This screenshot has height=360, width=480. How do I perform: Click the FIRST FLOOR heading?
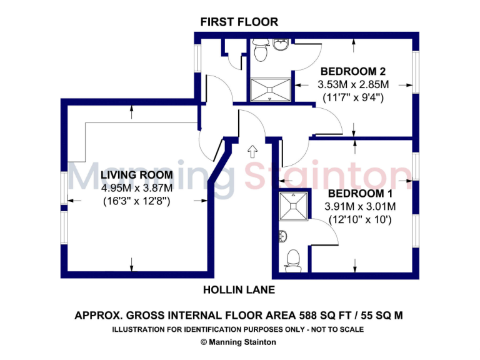(239, 22)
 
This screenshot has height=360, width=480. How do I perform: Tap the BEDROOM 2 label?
(348, 71)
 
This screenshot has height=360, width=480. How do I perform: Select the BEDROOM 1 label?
(360, 193)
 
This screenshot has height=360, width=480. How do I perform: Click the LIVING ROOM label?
(136, 175)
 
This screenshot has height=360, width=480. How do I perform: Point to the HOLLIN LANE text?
(239, 290)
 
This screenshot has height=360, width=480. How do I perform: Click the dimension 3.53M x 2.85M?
(353, 84)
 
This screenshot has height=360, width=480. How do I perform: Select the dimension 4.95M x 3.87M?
(136, 188)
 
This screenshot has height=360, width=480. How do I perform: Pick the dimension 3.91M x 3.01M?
(360, 206)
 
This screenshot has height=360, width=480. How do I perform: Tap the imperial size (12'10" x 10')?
(360, 219)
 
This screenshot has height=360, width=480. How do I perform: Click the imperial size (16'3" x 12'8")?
(136, 201)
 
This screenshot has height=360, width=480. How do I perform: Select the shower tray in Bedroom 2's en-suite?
(271, 89)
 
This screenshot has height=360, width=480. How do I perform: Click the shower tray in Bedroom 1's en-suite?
(292, 206)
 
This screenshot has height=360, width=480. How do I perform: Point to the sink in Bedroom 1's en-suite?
(283, 237)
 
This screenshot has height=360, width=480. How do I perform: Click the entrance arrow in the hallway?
(252, 151)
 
